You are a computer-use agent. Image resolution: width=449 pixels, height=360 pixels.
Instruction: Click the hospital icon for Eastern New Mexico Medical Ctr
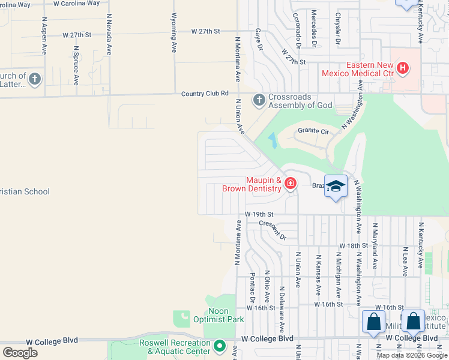pos(403,68)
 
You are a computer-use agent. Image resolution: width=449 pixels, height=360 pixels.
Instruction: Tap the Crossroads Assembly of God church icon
pos(259,100)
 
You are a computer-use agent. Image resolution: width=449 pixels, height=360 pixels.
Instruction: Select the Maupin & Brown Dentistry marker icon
pos(290,183)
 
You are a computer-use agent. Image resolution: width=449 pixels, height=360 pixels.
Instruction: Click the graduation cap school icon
pos(336,186)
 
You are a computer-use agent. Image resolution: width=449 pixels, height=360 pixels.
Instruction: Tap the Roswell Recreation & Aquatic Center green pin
pos(220,346)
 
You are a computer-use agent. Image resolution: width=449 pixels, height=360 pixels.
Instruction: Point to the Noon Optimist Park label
pos(226,315)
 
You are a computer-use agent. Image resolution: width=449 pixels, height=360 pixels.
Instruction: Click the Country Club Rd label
pos(206,94)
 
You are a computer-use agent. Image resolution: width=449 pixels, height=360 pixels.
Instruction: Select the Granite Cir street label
pos(313,131)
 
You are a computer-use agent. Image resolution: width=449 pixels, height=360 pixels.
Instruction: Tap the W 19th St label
pos(259,214)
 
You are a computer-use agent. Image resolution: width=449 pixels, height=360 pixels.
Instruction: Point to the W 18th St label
pos(353,246)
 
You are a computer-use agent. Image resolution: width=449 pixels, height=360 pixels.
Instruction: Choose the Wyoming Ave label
pos(174,32)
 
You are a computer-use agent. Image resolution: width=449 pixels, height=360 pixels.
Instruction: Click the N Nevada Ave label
pos(109,35)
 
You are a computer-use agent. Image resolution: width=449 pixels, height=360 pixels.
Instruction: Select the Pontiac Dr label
pos(253,287)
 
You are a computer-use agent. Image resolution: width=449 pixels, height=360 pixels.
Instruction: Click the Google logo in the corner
pos(20,353)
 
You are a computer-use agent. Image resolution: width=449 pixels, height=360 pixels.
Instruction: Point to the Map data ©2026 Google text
pos(412,355)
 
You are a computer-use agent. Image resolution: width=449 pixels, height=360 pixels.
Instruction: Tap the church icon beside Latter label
pos(35,79)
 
